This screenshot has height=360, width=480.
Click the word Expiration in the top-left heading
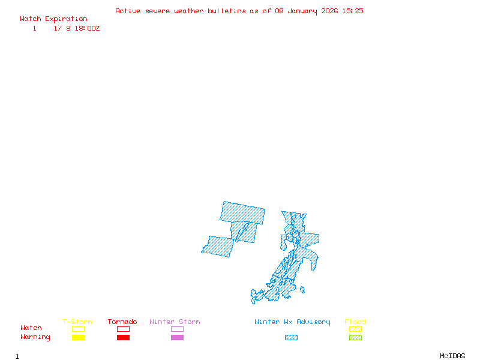[66, 19]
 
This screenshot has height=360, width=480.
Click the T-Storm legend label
[77, 322]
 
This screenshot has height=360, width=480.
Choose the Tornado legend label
[122, 322]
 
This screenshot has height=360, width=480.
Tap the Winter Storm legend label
[175, 322]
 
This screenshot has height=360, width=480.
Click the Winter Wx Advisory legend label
[292, 322]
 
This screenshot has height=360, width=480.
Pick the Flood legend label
[355, 322]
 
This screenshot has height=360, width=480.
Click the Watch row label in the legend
[31, 328]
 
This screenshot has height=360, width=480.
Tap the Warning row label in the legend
[35, 337]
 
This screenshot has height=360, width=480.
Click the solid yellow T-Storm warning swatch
[78, 338]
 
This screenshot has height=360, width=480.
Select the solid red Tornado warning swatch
[123, 338]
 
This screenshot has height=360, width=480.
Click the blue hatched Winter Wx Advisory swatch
[291, 338]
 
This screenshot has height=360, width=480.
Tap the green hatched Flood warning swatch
[355, 338]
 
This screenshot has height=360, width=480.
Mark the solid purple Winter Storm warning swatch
[177, 338]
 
